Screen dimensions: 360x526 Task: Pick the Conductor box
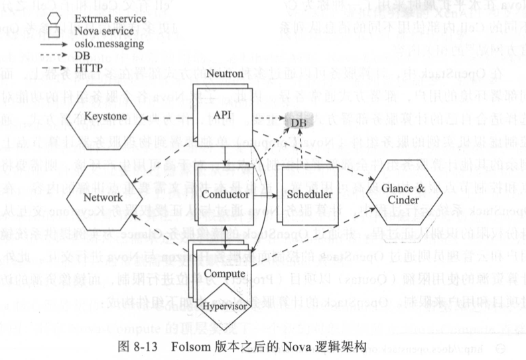pos(226,196)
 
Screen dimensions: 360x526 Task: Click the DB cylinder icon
pos(296,121)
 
